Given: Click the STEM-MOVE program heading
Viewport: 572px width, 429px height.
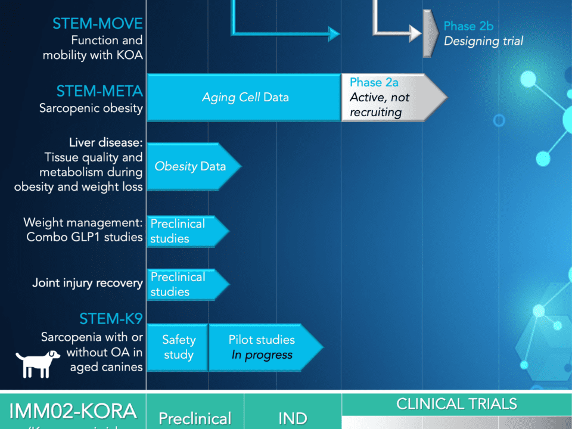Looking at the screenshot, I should click(x=98, y=24).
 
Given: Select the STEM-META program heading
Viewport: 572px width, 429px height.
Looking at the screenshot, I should click(x=100, y=91).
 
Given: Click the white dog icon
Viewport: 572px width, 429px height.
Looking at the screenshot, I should click(x=38, y=363).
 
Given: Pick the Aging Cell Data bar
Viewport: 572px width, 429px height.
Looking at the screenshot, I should click(x=244, y=98).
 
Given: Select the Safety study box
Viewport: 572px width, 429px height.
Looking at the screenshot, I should click(x=178, y=347).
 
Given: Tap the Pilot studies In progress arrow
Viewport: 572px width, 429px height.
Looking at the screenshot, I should click(x=262, y=347).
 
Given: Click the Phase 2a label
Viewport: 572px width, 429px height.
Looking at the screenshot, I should click(x=374, y=82).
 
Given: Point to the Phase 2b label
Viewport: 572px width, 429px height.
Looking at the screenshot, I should click(x=468, y=26).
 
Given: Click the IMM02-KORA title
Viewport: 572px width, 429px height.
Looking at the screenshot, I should click(x=73, y=411).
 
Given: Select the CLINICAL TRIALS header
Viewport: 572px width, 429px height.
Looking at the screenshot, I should click(x=456, y=404).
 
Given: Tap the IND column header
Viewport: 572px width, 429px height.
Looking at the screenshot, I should click(x=293, y=418).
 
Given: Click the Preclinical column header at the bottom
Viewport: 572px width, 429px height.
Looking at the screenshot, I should click(x=195, y=418).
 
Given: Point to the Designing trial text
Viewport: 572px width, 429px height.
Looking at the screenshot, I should click(x=483, y=41).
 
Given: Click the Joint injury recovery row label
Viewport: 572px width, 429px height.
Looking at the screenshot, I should click(x=88, y=283).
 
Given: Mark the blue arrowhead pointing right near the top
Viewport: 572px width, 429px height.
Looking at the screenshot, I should click(x=333, y=33).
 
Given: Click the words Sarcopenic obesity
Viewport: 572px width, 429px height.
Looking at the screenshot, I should click(x=91, y=108).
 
